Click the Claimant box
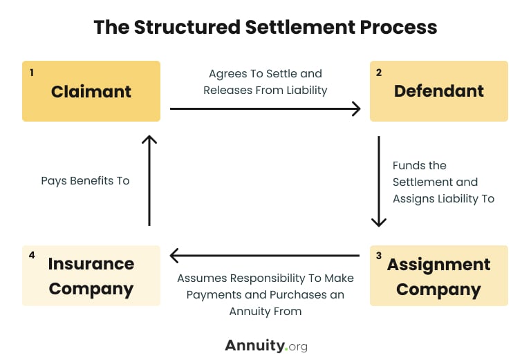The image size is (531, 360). tap(91, 91)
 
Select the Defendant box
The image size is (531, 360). tap(439, 91)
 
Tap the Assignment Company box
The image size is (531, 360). tap(439, 276)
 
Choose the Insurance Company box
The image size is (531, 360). tap(91, 276)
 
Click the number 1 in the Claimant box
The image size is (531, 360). tap(32, 71)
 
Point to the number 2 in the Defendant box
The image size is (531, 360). tap(380, 71)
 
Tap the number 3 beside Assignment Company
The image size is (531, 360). tap(379, 256)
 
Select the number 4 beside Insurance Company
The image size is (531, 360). tap(32, 256)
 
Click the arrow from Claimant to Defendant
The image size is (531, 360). tap(265, 108)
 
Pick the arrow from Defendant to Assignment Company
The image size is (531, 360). tap(379, 181)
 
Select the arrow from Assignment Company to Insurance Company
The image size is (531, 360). tap(265, 256)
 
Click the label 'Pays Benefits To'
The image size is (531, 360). tap(86, 181)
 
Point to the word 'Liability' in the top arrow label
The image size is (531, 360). tap(303, 90)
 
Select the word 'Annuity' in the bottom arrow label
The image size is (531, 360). tap(250, 311)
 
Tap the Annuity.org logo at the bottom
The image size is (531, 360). tap(265, 345)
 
